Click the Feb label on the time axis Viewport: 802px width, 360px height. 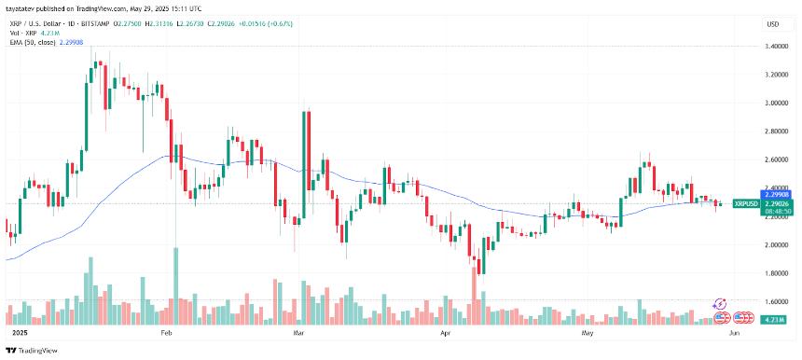[x=167, y=332]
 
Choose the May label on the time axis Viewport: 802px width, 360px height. [x=587, y=332]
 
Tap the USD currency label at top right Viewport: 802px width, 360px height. [x=772, y=24]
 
